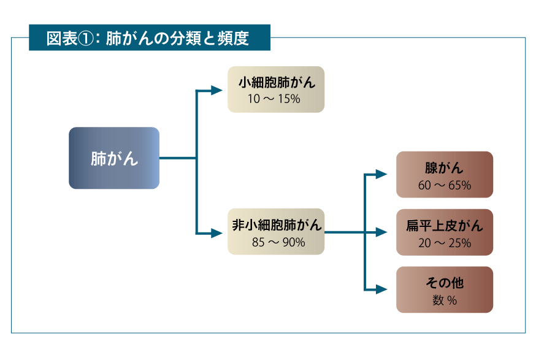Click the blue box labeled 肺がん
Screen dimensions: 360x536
114,158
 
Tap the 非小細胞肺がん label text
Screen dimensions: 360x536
276,224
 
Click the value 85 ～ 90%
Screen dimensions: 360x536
278,242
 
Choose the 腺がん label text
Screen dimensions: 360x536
444,167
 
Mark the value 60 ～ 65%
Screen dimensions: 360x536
445,185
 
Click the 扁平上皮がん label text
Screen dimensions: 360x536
445,226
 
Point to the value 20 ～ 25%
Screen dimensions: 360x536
445,243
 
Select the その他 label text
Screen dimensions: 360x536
445,283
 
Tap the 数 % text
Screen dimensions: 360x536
445,300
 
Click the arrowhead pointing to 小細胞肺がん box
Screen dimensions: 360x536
216,90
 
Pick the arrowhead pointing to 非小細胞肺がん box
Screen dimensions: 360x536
216,232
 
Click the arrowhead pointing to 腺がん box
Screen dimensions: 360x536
381,174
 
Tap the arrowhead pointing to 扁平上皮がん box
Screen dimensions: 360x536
381,232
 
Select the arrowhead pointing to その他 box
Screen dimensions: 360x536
381,289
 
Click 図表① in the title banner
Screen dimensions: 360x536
71,38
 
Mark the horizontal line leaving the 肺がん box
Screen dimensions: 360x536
177,158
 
